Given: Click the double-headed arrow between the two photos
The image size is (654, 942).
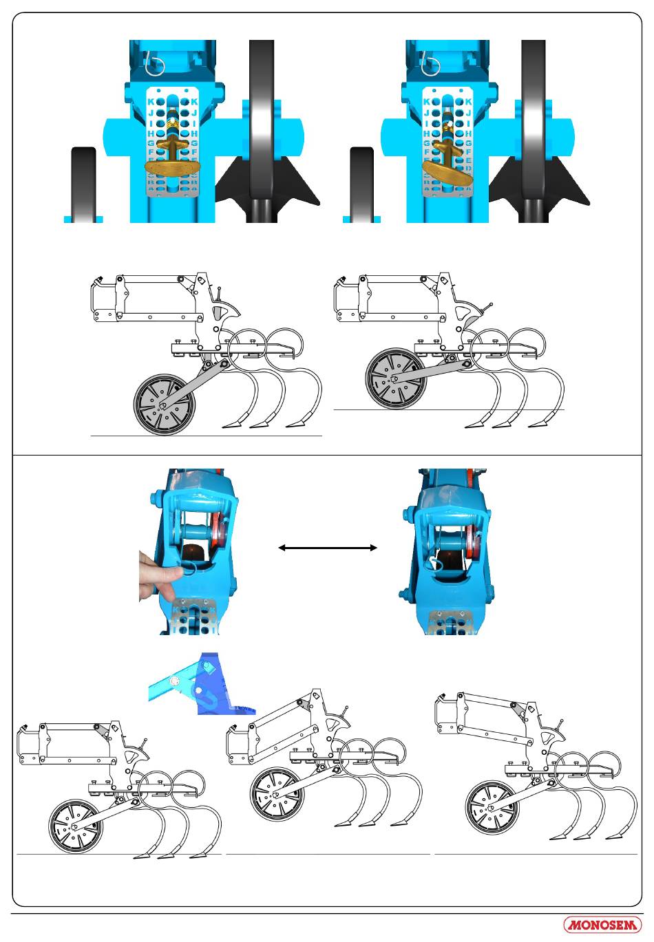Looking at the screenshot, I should click(x=327, y=548).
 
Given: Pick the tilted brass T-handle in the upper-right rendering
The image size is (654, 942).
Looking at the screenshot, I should click(x=447, y=168).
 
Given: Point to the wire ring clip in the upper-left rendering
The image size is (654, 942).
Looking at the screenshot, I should click(x=156, y=66).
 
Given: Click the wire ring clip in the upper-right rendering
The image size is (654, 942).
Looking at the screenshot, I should click(x=431, y=65).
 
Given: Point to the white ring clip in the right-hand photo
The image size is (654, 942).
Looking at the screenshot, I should click(x=435, y=564).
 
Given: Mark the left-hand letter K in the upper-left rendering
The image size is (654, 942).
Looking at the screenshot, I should click(x=151, y=102).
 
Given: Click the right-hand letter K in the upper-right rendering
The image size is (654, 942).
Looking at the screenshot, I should click(x=468, y=102).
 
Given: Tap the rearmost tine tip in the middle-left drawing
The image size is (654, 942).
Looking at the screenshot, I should click(x=297, y=422).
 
